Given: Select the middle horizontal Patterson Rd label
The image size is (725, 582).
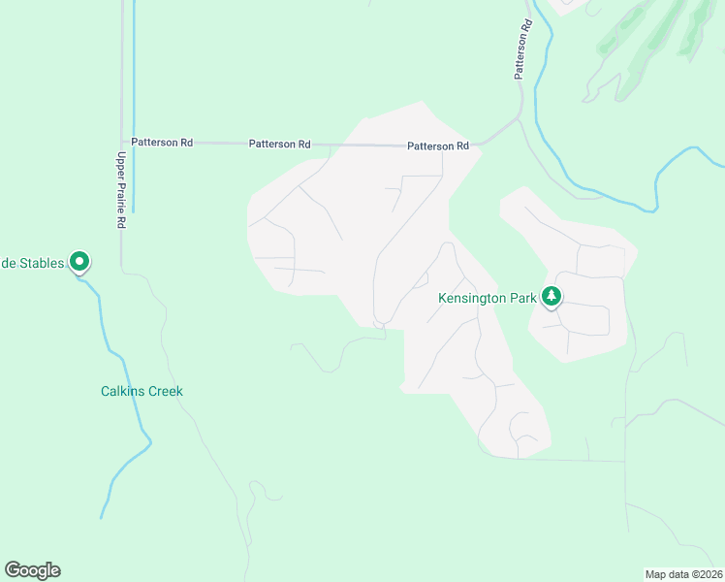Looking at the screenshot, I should point(279,144).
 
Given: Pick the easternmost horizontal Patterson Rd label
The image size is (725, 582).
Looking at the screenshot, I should point(438,145).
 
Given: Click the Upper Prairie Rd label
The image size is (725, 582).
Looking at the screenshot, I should point(122,189).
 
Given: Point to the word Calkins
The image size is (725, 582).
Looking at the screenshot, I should point(123,392).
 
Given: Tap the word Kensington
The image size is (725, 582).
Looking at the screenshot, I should point(473,297).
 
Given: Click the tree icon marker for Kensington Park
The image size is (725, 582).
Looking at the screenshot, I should point(552,296).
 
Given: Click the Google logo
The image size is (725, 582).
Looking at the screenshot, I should point(32,570).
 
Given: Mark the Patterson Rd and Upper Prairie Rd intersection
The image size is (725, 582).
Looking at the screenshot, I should point(122,143).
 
